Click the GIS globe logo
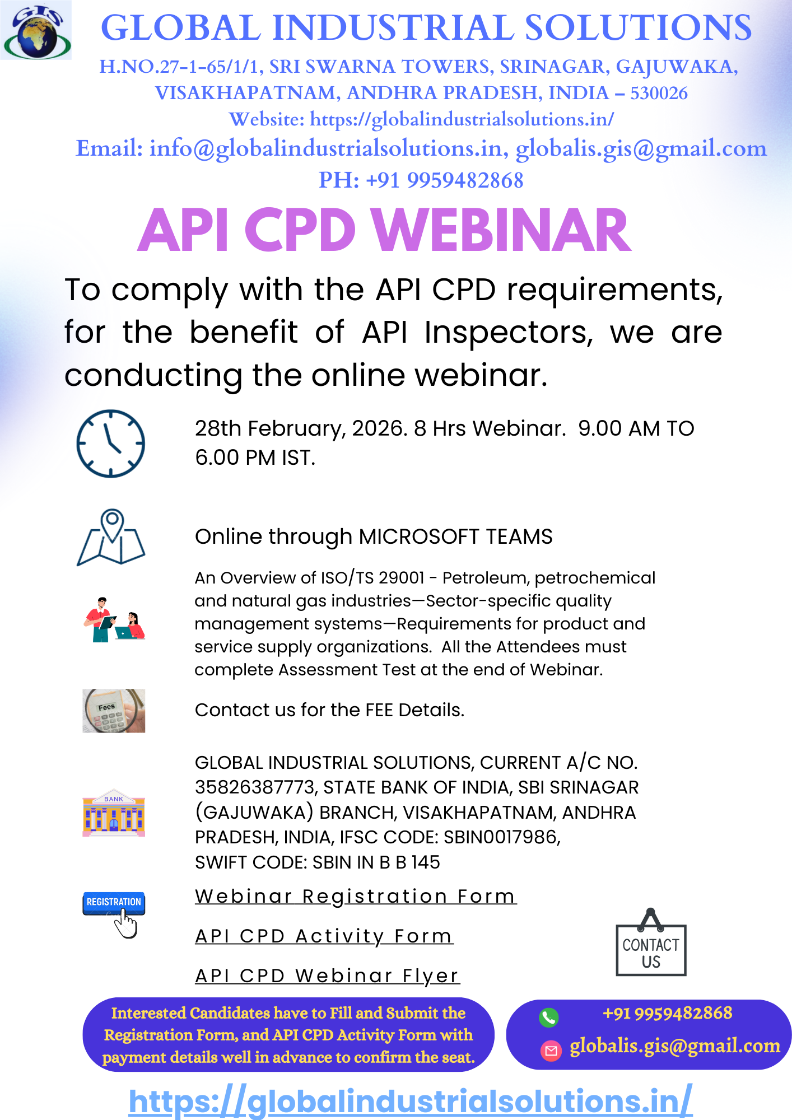click(x=36, y=30)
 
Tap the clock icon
click(x=111, y=443)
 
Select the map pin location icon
click(x=111, y=537)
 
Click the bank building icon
click(x=114, y=813)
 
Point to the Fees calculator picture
click(x=114, y=711)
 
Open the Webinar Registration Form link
click(x=356, y=896)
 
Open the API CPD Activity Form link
click(x=324, y=936)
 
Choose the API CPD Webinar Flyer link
click(x=327, y=976)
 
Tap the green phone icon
click(x=549, y=1017)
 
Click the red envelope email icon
click(x=551, y=1051)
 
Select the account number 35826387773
click(x=255, y=787)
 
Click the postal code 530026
click(x=659, y=93)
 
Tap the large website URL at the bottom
click(x=411, y=1101)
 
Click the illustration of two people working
click(x=114, y=619)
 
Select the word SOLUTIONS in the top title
click(x=638, y=27)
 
